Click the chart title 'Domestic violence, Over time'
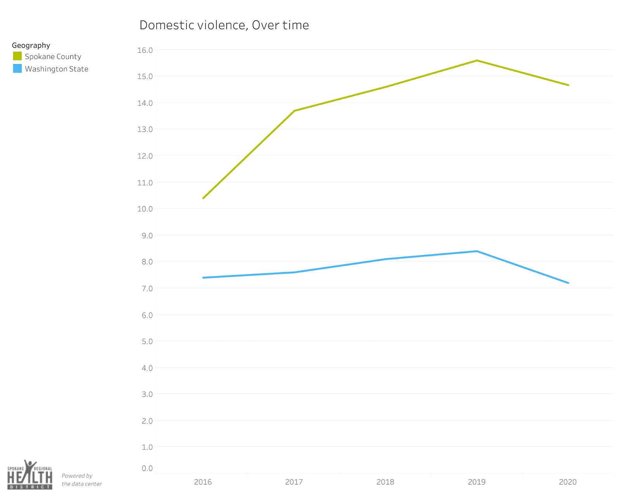point(224,25)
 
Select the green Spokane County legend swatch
point(17,56)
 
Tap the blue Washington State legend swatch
point(17,69)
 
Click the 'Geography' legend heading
point(31,45)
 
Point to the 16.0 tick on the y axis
point(145,50)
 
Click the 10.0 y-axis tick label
point(145,209)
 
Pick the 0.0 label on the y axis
point(147,468)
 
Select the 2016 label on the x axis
point(203,482)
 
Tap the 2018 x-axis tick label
point(385,482)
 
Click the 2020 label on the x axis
point(567,482)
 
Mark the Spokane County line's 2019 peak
point(477,61)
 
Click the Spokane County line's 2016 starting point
point(203,198)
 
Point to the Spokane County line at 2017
point(295,111)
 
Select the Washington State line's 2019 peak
point(477,251)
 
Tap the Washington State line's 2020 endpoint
point(568,283)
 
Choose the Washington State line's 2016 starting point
point(203,278)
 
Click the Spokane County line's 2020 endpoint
point(568,85)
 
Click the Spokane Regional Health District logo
point(30,475)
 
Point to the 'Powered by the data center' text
point(82,480)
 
